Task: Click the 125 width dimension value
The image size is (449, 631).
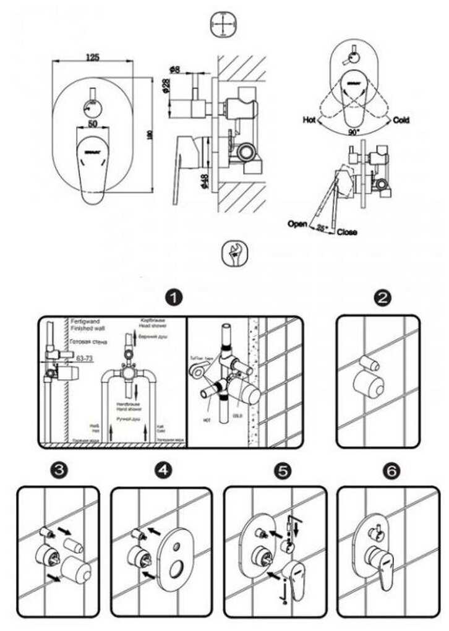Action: [x=92, y=58]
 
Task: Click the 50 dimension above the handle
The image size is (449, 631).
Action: [x=92, y=124]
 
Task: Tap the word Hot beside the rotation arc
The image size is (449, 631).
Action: [x=310, y=120]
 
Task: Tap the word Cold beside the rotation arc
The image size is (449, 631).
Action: [x=401, y=120]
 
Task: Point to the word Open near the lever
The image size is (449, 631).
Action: [x=297, y=224]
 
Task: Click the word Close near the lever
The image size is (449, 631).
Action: [x=347, y=233]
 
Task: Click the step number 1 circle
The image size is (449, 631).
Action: [x=175, y=298]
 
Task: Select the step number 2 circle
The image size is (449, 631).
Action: [x=383, y=298]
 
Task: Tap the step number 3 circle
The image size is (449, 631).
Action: [x=59, y=470]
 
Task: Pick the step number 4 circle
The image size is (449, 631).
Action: [x=163, y=470]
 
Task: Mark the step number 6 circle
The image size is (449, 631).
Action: [x=390, y=470]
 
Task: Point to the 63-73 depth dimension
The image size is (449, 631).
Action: [x=85, y=358]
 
